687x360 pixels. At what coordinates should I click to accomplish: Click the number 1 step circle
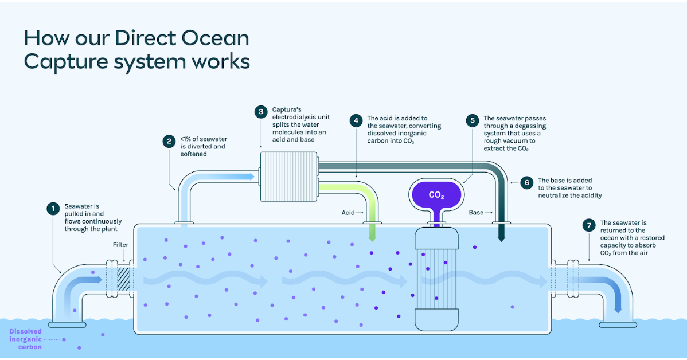pos(53,209)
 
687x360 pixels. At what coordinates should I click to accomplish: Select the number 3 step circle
pos(261,111)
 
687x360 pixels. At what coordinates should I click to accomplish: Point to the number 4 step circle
pos(356,120)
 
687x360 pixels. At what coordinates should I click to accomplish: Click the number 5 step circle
pos(473,120)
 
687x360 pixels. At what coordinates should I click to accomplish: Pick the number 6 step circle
pos(527,183)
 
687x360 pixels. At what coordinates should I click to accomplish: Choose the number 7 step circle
pos(589,225)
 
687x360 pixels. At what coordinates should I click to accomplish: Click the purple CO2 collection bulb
pos(436,195)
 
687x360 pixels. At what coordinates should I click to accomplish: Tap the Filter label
pos(120,245)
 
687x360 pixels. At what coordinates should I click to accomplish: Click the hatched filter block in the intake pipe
pos(124,280)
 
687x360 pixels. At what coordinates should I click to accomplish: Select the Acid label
pos(348,213)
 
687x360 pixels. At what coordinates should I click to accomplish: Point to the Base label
pos(476,213)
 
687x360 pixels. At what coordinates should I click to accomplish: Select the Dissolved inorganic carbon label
pos(25,339)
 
